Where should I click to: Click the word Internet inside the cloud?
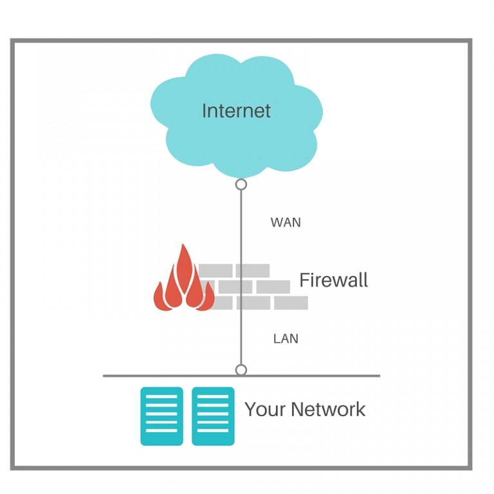pos(236,111)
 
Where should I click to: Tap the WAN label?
pos(286,223)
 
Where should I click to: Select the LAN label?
pos(286,338)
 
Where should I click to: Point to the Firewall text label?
pos(333,280)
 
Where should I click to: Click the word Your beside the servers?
pos(265,410)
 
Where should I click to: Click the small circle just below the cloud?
pos(241,185)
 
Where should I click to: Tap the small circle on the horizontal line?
pos(241,370)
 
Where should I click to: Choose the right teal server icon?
pos(213,416)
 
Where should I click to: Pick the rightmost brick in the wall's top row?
pos(252,271)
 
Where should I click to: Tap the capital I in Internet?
pos(205,111)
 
